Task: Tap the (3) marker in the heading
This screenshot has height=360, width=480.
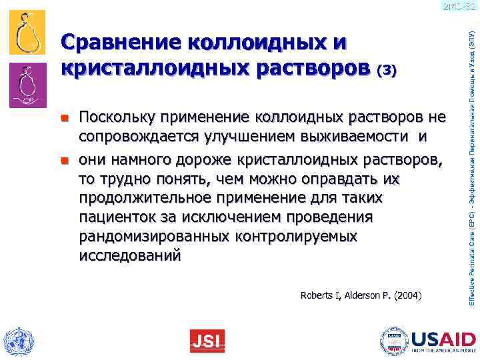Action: (387, 71)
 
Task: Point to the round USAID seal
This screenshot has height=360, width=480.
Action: (393, 341)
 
